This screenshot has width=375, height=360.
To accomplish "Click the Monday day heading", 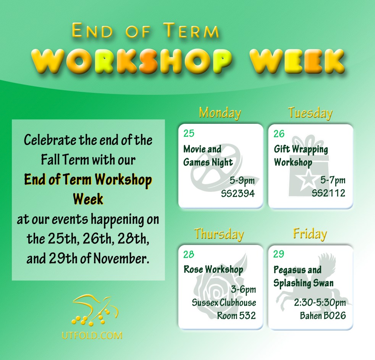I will [x=220, y=113].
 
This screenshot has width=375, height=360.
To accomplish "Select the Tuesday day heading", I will [x=310, y=113].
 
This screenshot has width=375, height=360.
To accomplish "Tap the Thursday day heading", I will [x=219, y=234].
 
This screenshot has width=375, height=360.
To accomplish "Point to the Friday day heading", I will [x=310, y=234].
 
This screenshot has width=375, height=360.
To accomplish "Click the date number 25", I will [x=189, y=133].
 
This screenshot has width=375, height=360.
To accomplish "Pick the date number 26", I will [x=279, y=133].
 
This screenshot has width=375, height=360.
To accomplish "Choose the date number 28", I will [x=189, y=255].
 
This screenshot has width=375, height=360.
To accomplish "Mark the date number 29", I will [x=279, y=255].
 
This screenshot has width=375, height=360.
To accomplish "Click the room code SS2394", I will [x=238, y=193].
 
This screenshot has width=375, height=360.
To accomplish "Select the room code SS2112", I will [x=328, y=193].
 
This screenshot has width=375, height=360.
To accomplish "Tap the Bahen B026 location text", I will [x=323, y=316].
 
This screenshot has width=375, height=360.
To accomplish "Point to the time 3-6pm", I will [x=243, y=290].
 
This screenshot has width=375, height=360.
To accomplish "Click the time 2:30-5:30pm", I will [x=320, y=303].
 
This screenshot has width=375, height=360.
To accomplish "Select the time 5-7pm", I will [x=333, y=180].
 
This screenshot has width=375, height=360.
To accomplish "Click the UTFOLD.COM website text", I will [x=92, y=336].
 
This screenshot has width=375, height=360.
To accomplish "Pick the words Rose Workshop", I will [x=213, y=269].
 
